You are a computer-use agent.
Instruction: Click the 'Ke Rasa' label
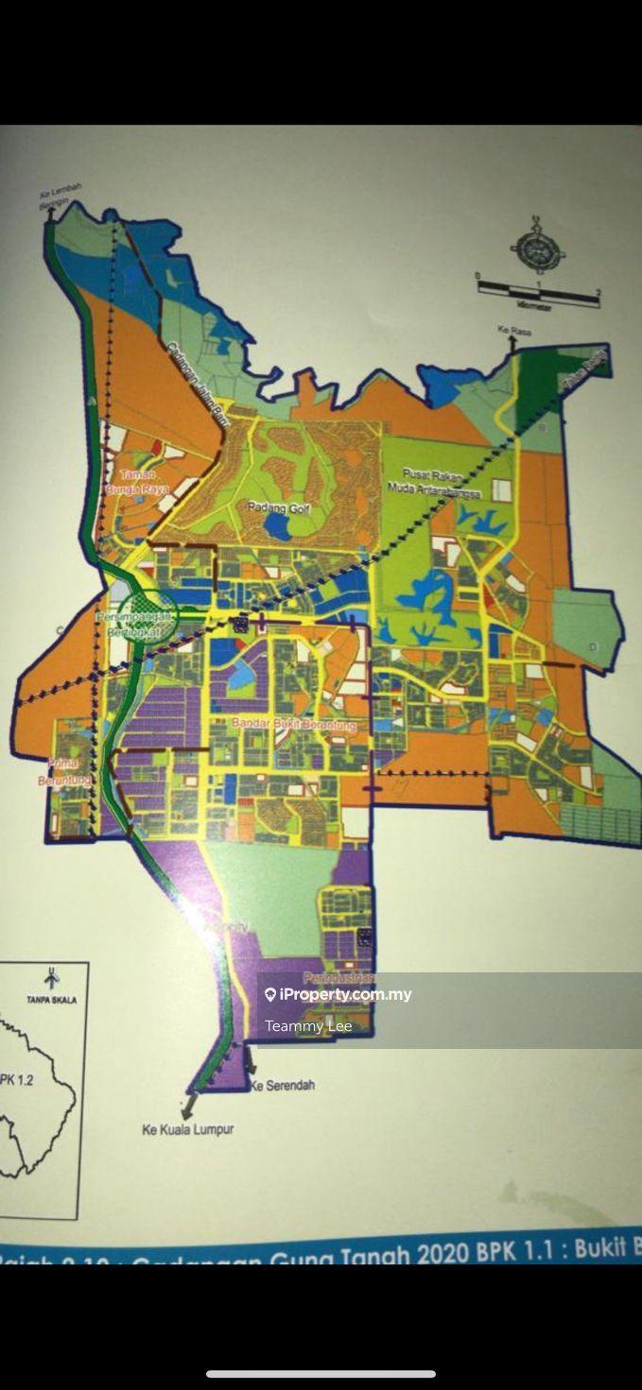point(512,330)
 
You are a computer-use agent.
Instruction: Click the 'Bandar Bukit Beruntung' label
point(294,725)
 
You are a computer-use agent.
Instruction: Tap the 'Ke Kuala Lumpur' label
point(187,1128)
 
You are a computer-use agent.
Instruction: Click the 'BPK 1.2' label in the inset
point(17,1079)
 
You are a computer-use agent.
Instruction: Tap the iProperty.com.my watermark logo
point(270,995)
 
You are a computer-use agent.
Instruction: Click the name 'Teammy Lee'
point(308,1026)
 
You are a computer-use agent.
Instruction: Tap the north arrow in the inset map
point(52,978)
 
